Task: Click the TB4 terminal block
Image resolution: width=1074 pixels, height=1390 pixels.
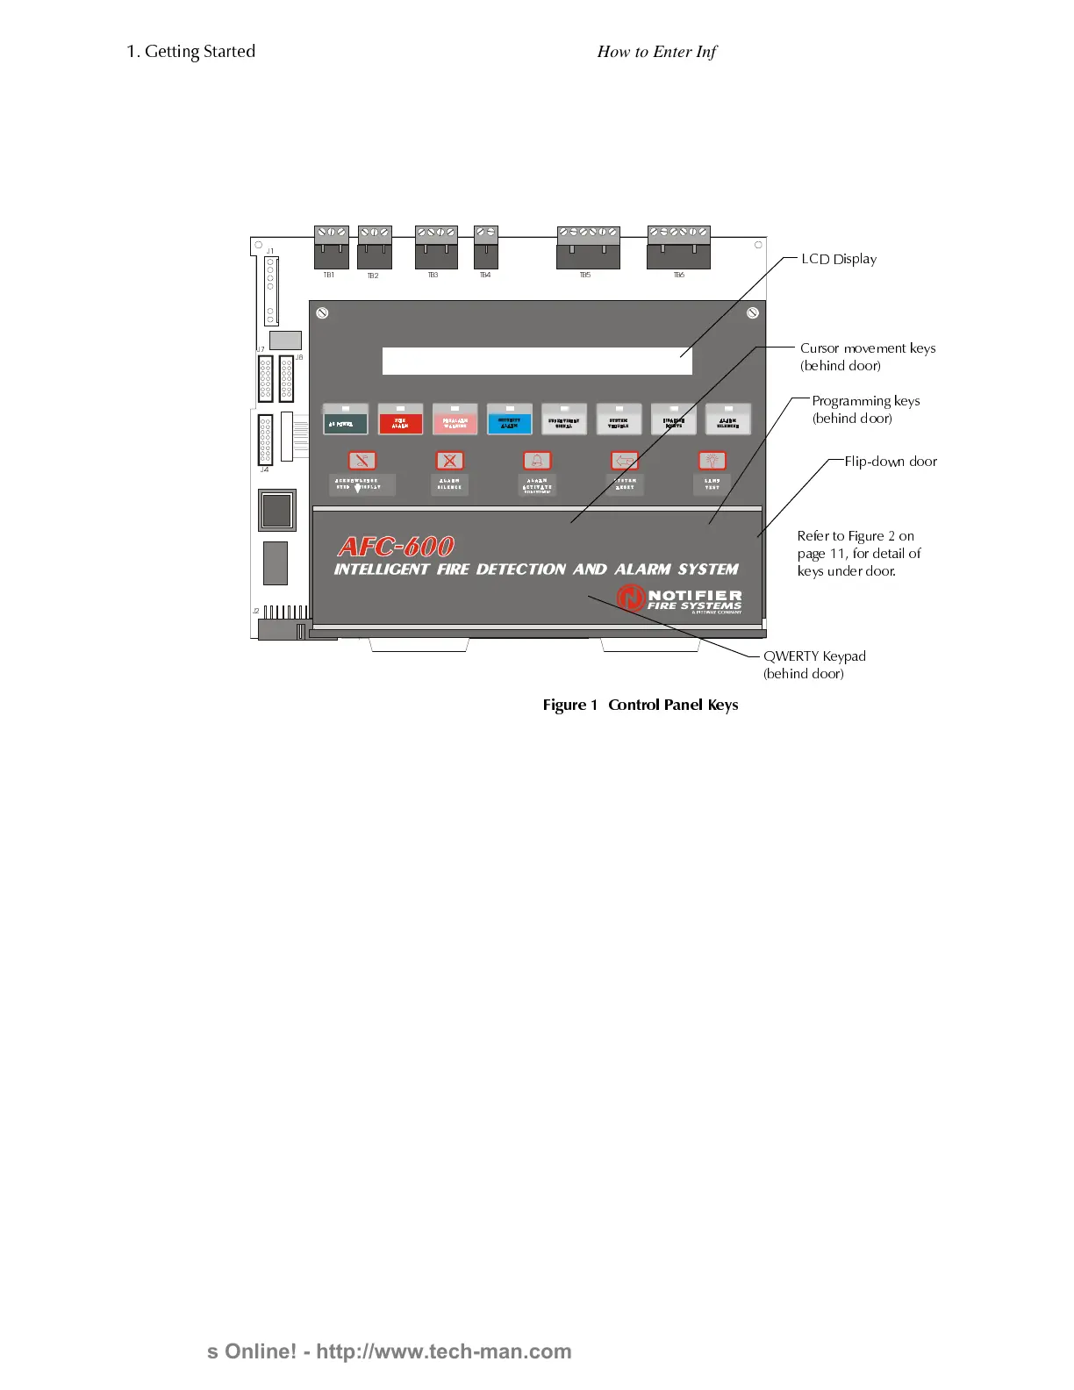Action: [486, 247]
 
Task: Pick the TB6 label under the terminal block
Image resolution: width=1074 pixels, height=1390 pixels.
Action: [678, 276]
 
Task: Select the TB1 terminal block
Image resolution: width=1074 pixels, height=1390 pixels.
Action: [331, 247]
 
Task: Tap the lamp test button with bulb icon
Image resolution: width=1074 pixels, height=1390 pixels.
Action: [712, 461]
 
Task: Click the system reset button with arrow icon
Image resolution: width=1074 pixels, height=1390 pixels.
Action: [624, 461]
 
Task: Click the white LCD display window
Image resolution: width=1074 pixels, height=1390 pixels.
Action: [537, 361]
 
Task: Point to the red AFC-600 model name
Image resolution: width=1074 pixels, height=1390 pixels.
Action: [396, 547]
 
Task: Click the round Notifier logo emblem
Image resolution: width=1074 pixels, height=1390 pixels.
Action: [631, 598]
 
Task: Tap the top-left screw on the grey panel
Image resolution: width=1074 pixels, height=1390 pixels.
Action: [322, 313]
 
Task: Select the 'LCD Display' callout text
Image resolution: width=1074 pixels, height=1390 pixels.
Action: [838, 259]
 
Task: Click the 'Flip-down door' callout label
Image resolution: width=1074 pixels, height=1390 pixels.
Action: [890, 462]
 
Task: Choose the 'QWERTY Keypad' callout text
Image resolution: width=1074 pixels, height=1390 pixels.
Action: [813, 656]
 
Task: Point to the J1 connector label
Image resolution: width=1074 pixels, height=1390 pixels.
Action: [270, 252]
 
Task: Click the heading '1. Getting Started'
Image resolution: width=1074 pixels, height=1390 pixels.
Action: [190, 52]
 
